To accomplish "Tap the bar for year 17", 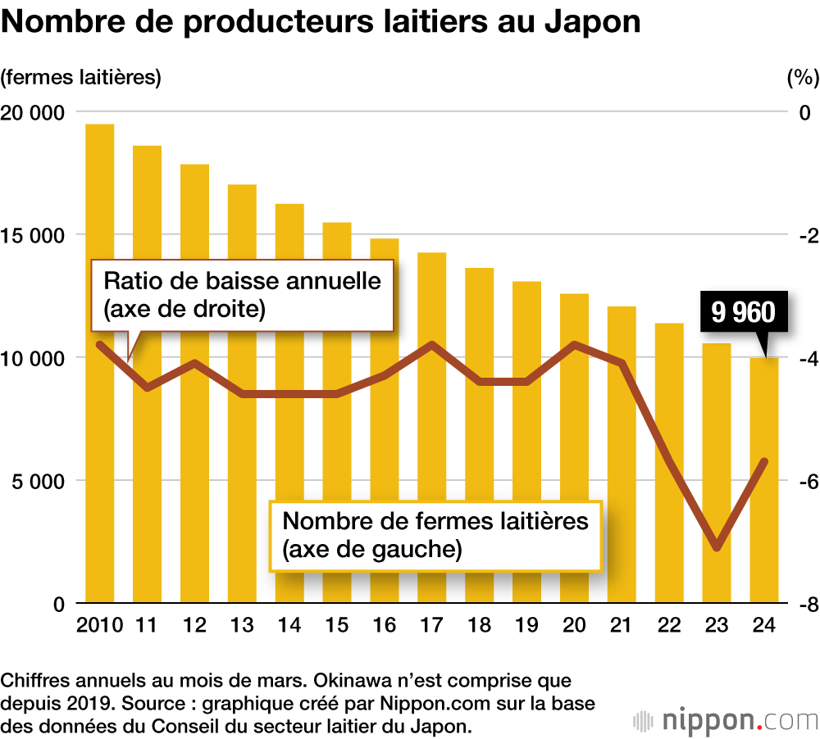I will [x=432, y=492].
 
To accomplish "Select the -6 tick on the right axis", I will [x=807, y=481].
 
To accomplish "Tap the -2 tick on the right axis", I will [x=807, y=235].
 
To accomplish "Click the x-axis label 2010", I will [x=99, y=626].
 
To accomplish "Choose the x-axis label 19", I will [x=527, y=626].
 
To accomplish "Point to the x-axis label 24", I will [x=765, y=626].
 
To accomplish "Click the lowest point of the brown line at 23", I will [x=717, y=547].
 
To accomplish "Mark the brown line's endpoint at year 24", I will [x=765, y=461].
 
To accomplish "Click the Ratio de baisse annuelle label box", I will [x=243, y=295].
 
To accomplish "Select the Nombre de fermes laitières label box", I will [x=435, y=534].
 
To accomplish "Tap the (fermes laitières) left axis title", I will [x=81, y=78].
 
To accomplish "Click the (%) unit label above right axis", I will [x=802, y=78].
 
